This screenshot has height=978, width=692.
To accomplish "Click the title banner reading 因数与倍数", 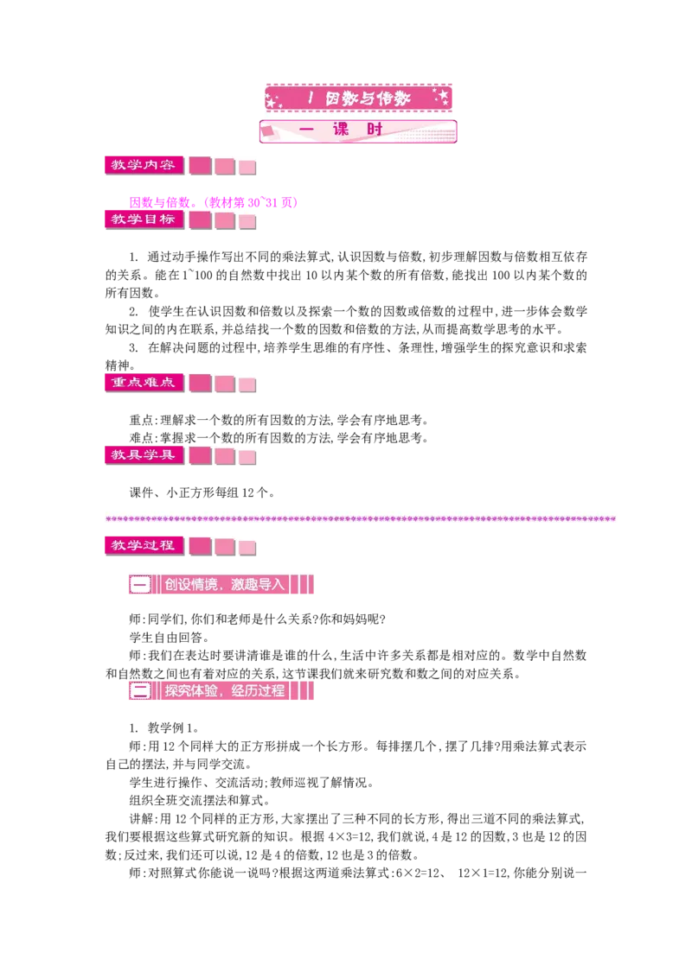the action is click(358, 98).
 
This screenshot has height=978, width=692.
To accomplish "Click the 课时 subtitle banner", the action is click(358, 130).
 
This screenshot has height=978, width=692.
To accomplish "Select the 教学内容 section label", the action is click(144, 165).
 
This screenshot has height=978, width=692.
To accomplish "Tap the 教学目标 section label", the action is click(144, 219).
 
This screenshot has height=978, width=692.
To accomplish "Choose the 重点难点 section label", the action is click(144, 383).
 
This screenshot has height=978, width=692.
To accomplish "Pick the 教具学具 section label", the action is click(144, 454).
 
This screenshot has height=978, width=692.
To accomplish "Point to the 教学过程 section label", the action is click(144, 545).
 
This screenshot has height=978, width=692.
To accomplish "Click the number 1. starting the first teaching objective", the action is click(134, 257).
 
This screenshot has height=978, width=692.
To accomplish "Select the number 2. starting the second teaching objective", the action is click(134, 311).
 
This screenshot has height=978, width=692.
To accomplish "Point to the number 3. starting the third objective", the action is click(134, 347).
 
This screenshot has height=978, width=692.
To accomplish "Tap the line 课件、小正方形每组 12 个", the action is click(202, 492).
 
